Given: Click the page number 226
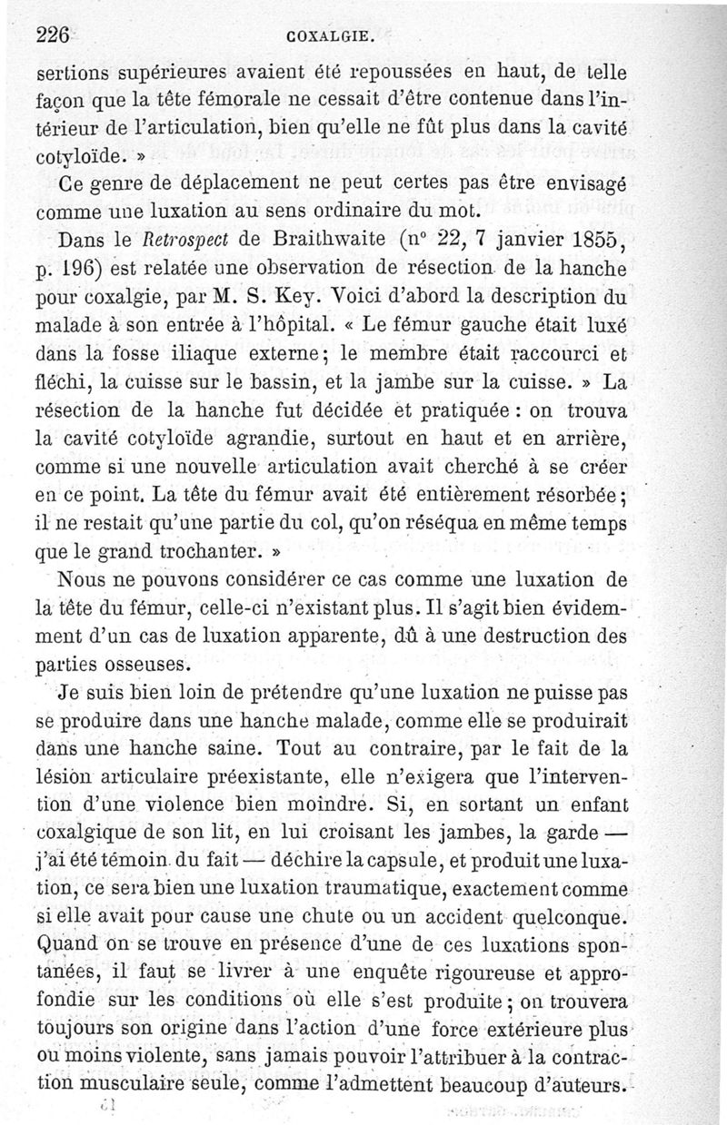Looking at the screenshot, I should (54, 36).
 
